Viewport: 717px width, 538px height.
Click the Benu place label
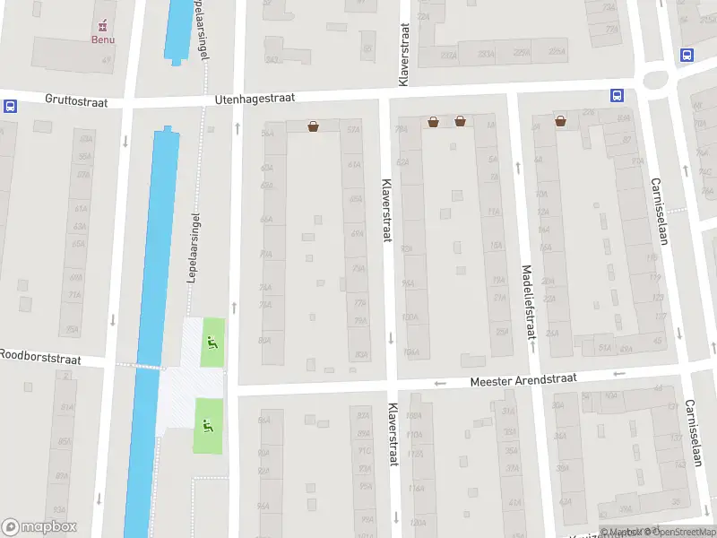click(102, 39)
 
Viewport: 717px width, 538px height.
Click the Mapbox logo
click(39, 526)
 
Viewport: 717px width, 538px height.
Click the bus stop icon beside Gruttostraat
click(10, 106)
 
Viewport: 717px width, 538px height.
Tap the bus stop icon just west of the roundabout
click(617, 95)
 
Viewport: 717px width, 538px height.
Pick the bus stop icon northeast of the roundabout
click(687, 55)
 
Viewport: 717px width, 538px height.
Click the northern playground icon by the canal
click(212, 341)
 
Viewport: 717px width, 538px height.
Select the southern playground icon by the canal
click(208, 425)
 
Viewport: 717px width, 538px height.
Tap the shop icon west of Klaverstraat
click(313, 126)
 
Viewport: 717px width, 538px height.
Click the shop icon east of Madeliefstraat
click(560, 121)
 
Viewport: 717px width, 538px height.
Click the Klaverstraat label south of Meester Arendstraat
click(393, 434)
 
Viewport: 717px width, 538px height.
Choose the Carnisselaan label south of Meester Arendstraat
click(692, 435)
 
